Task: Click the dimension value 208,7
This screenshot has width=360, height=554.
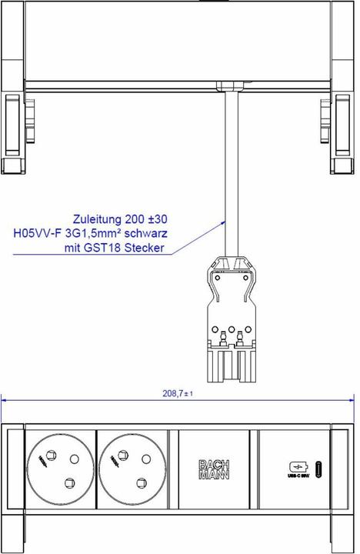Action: pyautogui.click(x=174, y=393)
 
